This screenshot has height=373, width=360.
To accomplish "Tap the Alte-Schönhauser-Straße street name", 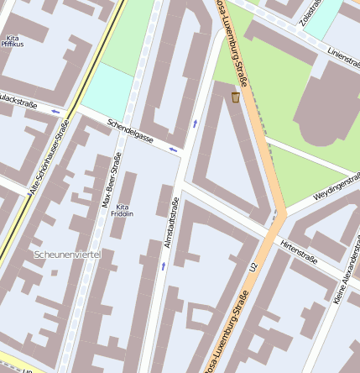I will click(49, 157).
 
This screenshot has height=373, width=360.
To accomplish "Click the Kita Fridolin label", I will click(123, 210).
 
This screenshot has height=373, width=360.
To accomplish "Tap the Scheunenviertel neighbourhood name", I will click(68, 253).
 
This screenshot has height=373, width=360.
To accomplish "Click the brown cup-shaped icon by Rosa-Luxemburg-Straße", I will click(236, 98).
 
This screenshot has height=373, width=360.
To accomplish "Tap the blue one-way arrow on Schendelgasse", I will click(173, 150).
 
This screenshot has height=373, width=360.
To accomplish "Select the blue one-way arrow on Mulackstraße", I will click(56, 111).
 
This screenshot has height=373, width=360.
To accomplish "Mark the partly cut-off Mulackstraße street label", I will click(18, 99).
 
